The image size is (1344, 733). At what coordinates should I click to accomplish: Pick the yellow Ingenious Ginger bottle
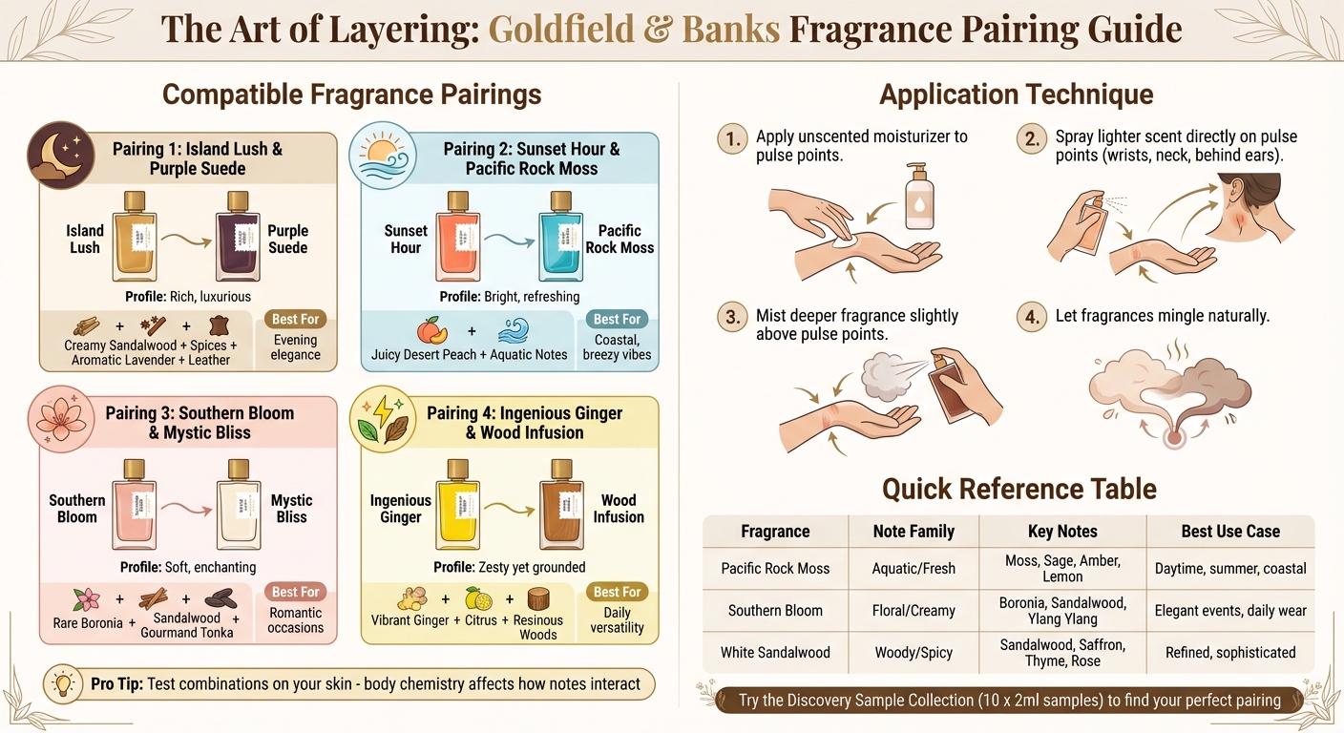pyautogui.click(x=457, y=506)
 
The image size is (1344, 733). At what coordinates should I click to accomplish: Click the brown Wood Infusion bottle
pyautogui.click(x=561, y=506)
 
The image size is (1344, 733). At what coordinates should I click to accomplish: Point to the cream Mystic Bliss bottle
pyautogui.click(x=239, y=506)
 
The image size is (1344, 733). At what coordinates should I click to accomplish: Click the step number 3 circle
pyautogui.click(x=731, y=318)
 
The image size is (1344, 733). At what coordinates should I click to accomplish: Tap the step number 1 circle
pyautogui.click(x=731, y=139)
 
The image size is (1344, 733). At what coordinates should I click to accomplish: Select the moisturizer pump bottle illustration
pyautogui.click(x=917, y=199)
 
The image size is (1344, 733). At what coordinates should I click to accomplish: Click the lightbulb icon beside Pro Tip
pyautogui.click(x=64, y=684)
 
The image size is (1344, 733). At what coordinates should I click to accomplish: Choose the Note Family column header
pyautogui.click(x=913, y=532)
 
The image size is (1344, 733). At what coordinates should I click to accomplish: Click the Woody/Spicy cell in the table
pyautogui.click(x=913, y=653)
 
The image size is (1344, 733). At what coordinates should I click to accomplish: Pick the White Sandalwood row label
pyautogui.click(x=775, y=653)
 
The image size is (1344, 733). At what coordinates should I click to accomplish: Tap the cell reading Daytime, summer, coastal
pyautogui.click(x=1229, y=568)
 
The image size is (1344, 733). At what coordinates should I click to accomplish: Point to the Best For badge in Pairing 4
pyautogui.click(x=617, y=592)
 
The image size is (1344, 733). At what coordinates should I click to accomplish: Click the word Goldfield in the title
pyautogui.click(x=560, y=29)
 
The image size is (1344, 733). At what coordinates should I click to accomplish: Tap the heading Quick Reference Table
pyautogui.click(x=1018, y=489)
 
